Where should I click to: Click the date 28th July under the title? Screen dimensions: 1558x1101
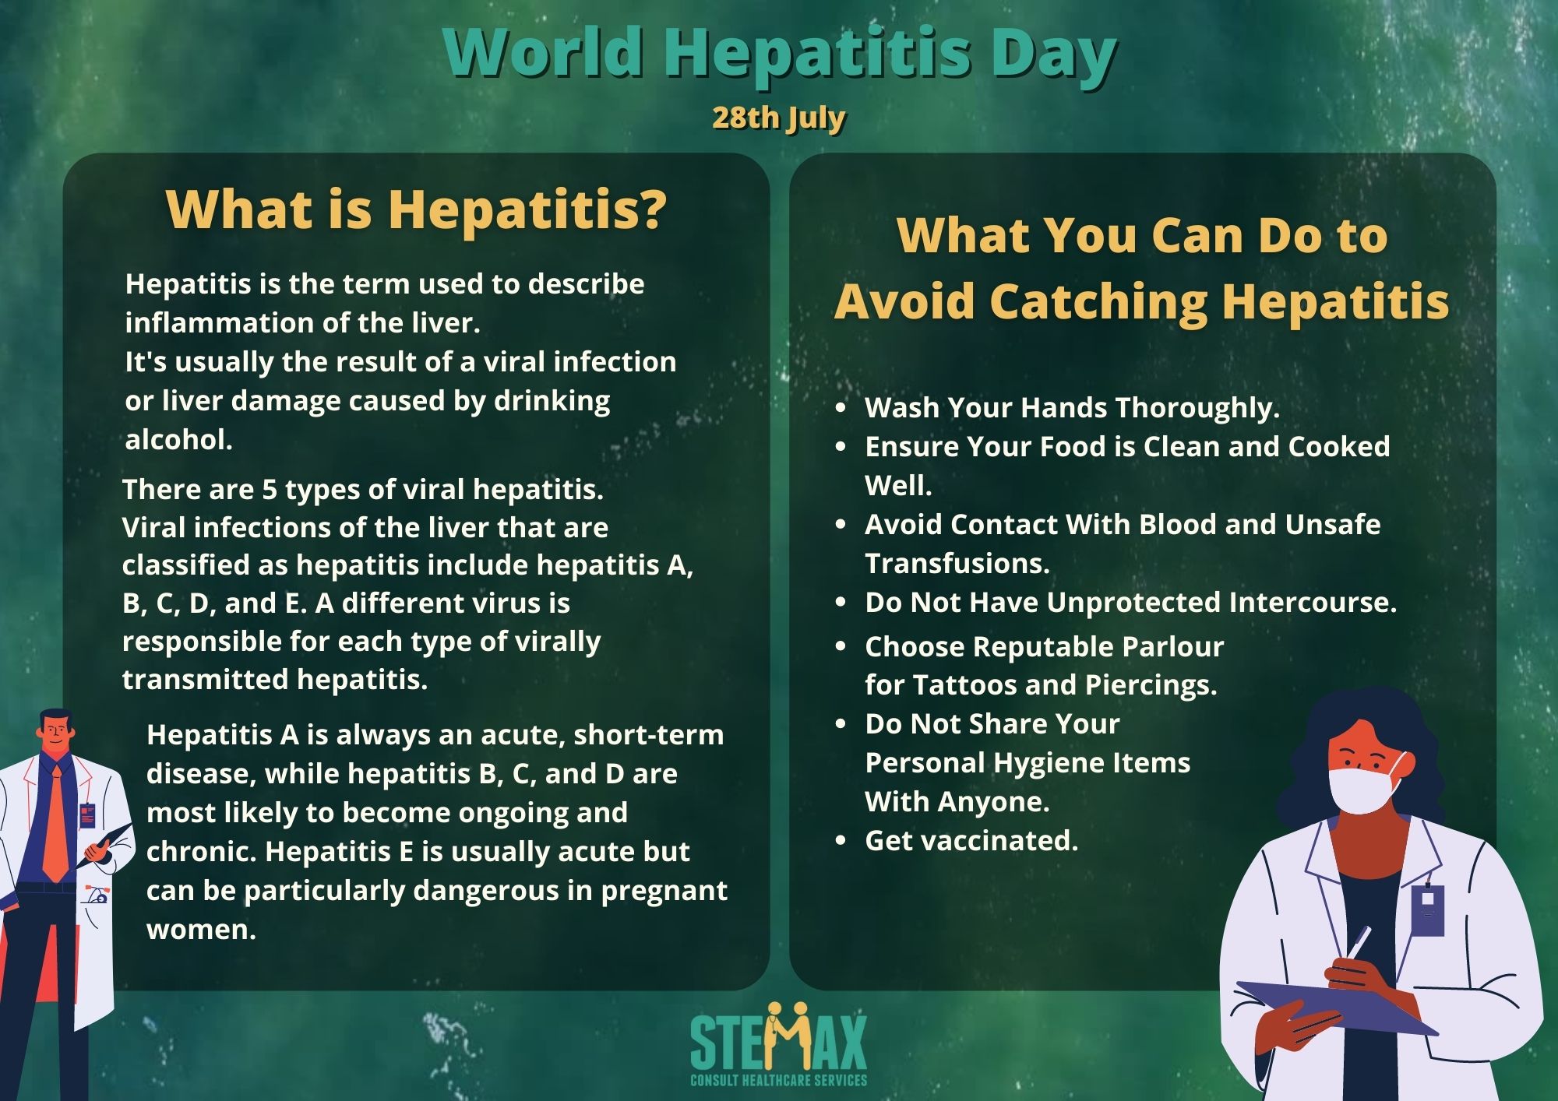(778, 118)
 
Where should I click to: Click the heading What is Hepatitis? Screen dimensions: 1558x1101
(417, 209)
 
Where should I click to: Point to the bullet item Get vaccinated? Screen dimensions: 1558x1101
(971, 840)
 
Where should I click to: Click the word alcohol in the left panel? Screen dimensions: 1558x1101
(178, 440)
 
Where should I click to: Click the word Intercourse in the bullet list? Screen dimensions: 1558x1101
(1313, 602)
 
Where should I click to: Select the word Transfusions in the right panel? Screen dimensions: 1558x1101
(957, 563)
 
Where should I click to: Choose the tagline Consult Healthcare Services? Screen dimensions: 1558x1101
(778, 1080)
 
